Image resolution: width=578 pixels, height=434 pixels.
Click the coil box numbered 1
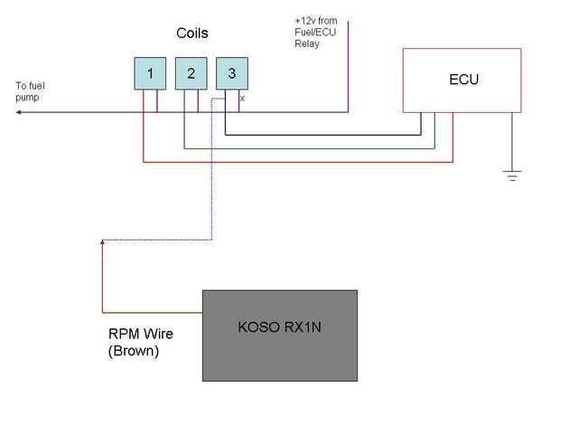coord(150,73)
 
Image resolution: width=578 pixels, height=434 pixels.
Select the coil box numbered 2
coord(191,73)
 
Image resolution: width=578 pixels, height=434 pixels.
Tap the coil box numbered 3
coord(231,73)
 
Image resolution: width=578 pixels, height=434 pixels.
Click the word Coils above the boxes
coord(191,33)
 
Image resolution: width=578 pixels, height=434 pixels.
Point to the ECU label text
coord(463,80)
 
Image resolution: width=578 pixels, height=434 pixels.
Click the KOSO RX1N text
coord(279,327)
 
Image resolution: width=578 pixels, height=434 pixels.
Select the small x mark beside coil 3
coord(242,97)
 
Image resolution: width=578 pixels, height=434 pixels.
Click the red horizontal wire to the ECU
coord(298,163)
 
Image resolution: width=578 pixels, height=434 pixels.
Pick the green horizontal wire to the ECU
coord(307,148)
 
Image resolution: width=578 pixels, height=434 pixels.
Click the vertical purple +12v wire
coord(348,63)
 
